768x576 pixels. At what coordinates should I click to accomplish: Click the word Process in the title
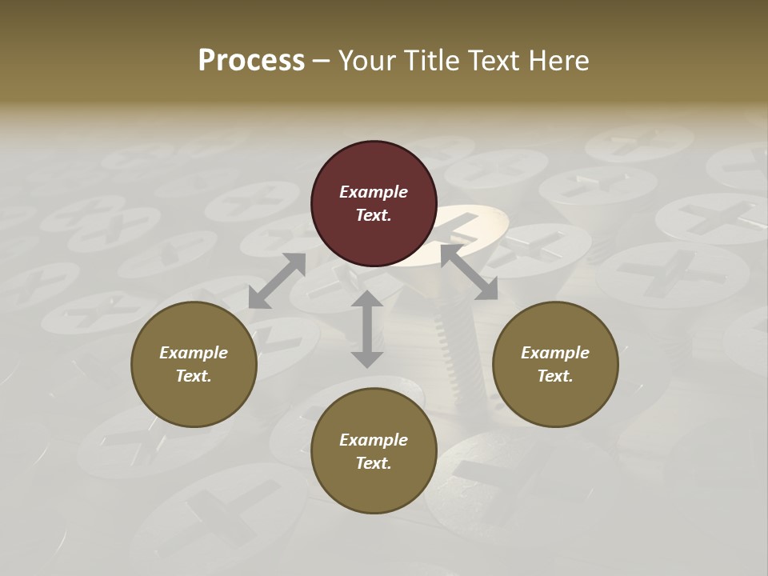point(251,61)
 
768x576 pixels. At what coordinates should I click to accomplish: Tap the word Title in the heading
point(433,61)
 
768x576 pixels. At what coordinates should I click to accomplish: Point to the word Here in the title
point(559,61)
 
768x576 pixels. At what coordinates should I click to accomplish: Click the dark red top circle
point(374,203)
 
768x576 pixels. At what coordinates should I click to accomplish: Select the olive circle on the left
point(194,364)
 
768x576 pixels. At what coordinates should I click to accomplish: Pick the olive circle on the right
point(555,364)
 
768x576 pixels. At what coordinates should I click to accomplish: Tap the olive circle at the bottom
point(374,451)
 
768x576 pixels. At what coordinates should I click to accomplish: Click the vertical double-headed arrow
point(367,329)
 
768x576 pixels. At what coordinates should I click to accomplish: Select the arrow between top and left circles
point(277,281)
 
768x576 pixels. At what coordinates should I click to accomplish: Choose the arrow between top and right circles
point(470,273)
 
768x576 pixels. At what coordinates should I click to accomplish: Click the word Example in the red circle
point(374,192)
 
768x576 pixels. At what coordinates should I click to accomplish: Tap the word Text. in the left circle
point(194,376)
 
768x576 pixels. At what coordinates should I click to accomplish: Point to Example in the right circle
point(555,353)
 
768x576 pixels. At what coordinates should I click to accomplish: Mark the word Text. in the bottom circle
point(374,463)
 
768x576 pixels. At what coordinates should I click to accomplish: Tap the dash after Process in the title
point(322,62)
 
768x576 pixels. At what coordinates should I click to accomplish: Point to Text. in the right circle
point(555,376)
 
